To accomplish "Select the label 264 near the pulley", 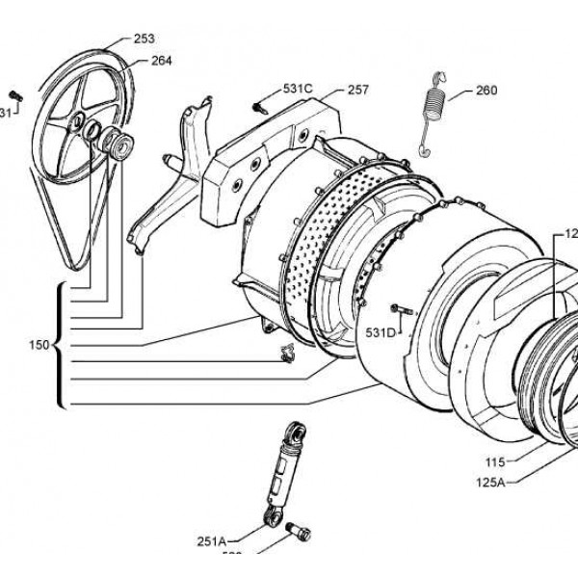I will tap(161, 60).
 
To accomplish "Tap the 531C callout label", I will tap(298, 89).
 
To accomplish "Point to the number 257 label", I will tap(358, 89).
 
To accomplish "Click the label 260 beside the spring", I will tap(486, 92).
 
